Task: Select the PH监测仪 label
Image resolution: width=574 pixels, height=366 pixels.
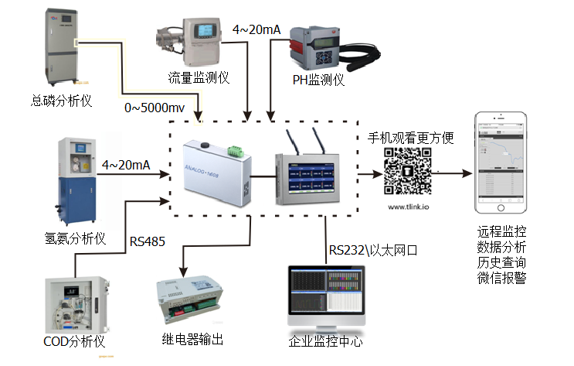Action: pyautogui.click(x=318, y=79)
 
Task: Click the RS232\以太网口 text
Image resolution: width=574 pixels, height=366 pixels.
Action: pyautogui.click(x=373, y=250)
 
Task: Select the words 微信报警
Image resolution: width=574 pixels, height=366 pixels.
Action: pyautogui.click(x=503, y=277)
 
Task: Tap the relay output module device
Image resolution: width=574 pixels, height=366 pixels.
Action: pyautogui.click(x=194, y=303)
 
